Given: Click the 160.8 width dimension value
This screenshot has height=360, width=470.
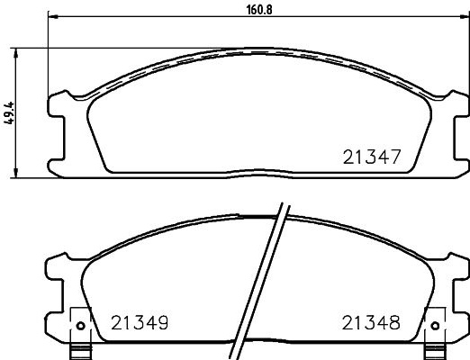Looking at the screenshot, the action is point(259,10).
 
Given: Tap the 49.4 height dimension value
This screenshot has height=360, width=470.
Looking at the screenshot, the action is point(9,113).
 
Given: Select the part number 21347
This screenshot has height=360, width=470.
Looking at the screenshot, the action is point(372,157).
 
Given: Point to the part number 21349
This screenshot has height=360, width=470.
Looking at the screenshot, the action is point(140,323).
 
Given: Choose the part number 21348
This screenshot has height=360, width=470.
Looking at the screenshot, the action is point(371,323).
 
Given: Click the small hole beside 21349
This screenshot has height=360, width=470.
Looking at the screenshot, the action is point(80,325).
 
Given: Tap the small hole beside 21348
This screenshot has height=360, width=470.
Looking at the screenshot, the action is point(435,325).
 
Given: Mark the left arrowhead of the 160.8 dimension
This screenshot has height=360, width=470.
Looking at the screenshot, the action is point(52,16).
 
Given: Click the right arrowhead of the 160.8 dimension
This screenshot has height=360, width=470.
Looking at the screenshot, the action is point(465,16).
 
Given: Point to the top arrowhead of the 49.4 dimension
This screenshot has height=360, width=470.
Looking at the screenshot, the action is point(16,52).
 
